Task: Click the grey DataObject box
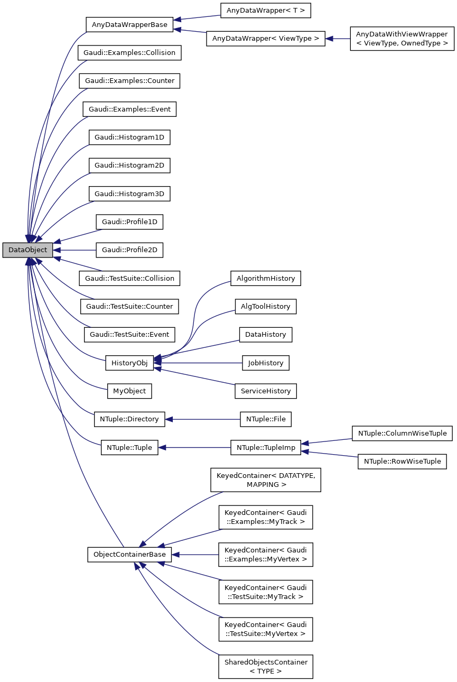27,250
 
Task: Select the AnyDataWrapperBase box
129,24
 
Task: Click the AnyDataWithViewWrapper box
402,39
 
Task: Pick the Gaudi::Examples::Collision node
129,53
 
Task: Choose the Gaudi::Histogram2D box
129,165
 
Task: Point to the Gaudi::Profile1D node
129,222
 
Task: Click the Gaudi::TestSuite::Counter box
129,306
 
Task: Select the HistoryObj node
129,363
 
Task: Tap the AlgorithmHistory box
265,278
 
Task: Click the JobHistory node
265,363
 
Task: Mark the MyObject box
129,391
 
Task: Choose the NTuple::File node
265,419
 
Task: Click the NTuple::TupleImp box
265,447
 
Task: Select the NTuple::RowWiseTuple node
402,462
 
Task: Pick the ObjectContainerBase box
129,555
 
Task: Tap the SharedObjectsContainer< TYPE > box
265,667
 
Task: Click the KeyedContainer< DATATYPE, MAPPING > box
265,480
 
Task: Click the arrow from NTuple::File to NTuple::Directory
203,419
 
